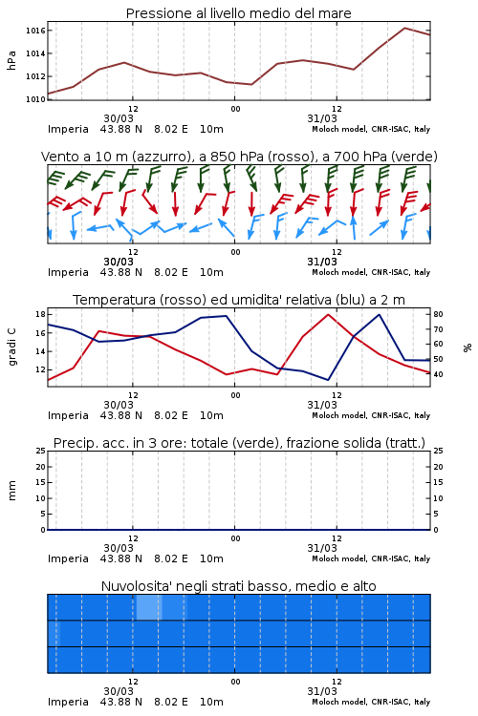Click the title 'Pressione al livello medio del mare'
(x=238, y=13)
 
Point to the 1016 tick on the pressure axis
(x=35, y=31)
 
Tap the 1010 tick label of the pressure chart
(x=35, y=99)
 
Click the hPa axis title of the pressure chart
(x=11, y=60)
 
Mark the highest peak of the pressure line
(x=404, y=28)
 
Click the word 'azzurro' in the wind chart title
(x=160, y=157)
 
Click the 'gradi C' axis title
(x=11, y=347)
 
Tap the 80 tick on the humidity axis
(x=438, y=314)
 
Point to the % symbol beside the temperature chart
(x=467, y=347)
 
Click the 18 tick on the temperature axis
(x=40, y=314)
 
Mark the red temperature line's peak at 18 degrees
(x=328, y=314)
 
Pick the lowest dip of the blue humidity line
(x=328, y=380)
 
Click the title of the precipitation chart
(x=239, y=443)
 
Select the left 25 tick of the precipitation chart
(x=40, y=451)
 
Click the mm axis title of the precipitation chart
(x=11, y=491)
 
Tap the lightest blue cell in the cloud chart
(x=149, y=607)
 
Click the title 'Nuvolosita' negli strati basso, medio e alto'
(x=238, y=586)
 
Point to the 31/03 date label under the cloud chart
(x=322, y=691)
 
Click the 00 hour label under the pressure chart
(x=235, y=109)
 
